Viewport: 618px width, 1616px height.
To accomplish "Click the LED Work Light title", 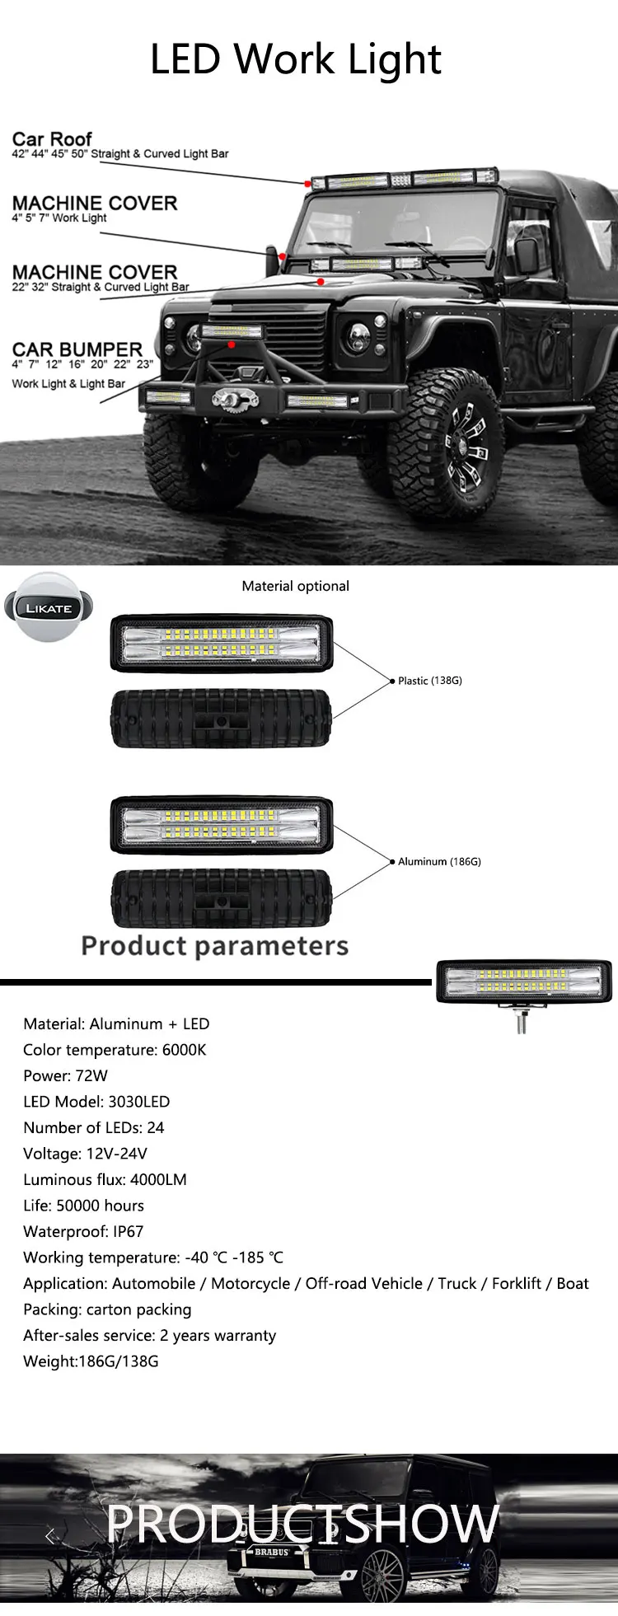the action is click(x=296, y=59).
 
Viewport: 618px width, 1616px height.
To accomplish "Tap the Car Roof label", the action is click(x=52, y=138).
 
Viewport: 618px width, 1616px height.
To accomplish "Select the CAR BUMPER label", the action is click(x=77, y=349).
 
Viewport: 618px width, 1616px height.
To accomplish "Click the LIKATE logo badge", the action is click(x=49, y=608).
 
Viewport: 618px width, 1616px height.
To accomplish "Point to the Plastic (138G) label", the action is click(x=429, y=681).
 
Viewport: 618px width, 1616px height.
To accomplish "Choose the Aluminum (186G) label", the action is click(x=439, y=861).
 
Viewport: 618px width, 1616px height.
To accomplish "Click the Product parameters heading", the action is click(x=214, y=945).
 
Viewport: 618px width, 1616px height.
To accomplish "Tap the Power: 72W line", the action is click(x=65, y=1075).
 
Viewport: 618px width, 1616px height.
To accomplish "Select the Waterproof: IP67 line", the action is click(x=83, y=1231).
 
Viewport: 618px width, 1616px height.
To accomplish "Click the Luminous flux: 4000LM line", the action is click(x=105, y=1179).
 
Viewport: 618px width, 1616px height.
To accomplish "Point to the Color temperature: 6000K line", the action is click(x=115, y=1050).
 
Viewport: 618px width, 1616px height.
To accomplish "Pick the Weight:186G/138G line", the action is click(x=91, y=1361).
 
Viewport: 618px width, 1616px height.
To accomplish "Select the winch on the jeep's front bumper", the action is click(x=225, y=400).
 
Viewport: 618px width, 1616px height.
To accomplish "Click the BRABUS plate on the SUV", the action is click(x=271, y=1552).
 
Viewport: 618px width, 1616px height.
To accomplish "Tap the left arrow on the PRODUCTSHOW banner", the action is click(x=50, y=1534).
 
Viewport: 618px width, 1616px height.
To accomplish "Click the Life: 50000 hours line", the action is click(x=83, y=1206).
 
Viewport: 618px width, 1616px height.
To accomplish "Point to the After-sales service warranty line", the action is click(x=149, y=1335).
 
